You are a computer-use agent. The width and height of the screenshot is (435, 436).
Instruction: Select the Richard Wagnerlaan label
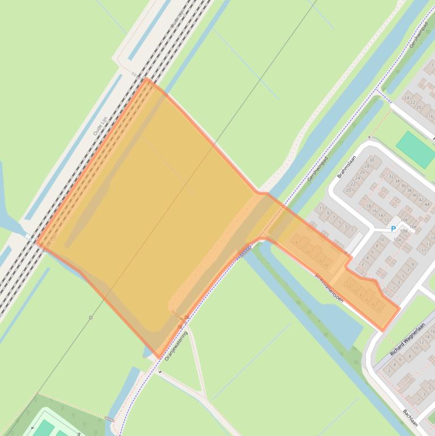407,339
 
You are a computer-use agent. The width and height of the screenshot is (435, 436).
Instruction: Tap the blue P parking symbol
393,229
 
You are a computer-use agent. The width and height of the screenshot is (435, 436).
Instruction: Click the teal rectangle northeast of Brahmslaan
415,149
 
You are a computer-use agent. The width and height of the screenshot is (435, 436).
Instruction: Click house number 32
391,176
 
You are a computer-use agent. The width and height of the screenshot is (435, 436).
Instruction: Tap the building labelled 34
397,181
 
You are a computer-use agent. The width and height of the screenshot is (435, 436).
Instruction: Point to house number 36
403,186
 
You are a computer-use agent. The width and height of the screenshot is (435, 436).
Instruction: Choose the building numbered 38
408,191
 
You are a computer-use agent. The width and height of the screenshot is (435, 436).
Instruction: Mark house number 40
415,195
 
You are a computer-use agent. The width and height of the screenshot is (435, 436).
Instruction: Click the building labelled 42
421,200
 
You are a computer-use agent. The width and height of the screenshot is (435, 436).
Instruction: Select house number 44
427,204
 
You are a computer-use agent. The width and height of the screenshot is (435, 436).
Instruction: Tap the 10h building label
404,220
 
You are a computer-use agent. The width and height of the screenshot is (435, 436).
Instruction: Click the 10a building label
397,240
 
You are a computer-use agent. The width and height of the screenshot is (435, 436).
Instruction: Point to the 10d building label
403,231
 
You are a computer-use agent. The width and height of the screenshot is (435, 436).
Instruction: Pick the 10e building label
413,226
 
